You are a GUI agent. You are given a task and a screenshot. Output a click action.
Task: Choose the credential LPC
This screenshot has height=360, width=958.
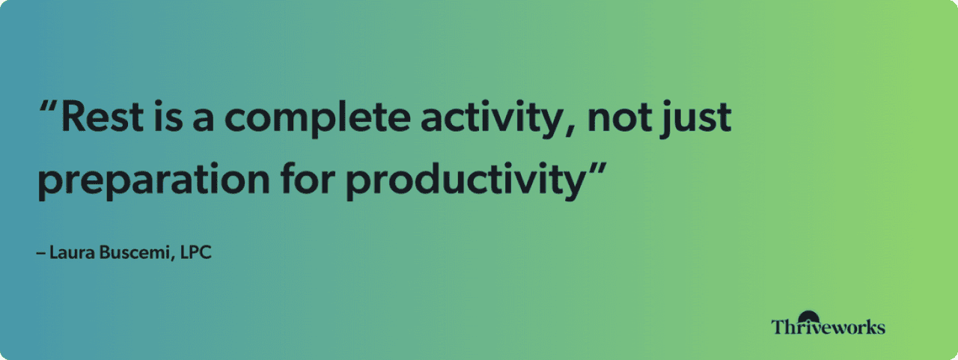(196, 253)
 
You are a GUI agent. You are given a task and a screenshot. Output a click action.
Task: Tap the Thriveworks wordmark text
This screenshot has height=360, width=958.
(828, 327)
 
